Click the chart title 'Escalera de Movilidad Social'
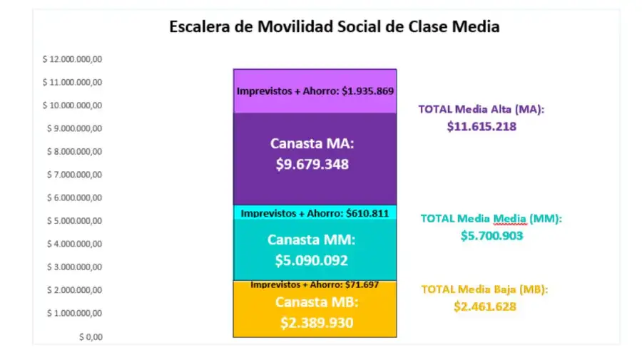point(334,27)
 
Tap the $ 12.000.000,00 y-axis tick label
point(73,59)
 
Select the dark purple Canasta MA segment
point(315,185)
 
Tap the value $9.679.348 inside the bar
point(312,164)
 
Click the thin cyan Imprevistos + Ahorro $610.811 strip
point(315,212)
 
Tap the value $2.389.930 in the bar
point(316,323)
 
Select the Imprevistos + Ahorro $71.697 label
point(315,284)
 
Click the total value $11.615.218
point(481,126)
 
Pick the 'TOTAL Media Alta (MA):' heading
point(481,109)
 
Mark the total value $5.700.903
point(492,235)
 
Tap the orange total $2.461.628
point(485,307)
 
